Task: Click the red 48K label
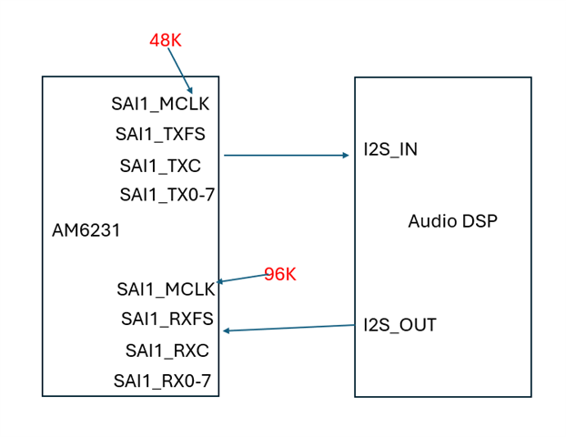(x=167, y=41)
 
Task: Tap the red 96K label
(x=280, y=274)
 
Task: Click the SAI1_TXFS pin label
(x=160, y=135)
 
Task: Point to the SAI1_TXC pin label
(x=160, y=166)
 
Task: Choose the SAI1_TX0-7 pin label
(x=167, y=195)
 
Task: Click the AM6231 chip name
(x=86, y=231)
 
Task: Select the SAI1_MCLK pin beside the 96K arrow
(x=166, y=290)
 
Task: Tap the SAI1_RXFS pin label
(x=167, y=319)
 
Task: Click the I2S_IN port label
(x=390, y=149)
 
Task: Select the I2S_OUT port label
(x=399, y=325)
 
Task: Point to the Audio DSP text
(x=452, y=220)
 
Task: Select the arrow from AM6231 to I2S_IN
(x=286, y=156)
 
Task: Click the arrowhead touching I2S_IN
(x=346, y=156)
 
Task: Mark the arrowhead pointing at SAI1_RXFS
(x=227, y=330)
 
